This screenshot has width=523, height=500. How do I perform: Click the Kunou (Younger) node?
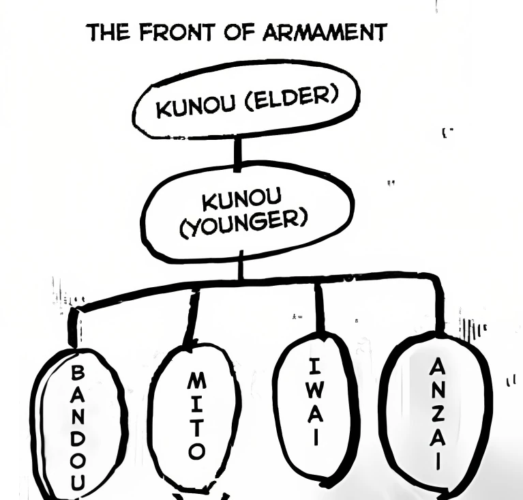(x=246, y=211)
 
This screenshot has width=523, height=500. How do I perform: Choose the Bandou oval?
(x=77, y=423)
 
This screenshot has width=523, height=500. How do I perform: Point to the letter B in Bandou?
(x=78, y=373)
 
